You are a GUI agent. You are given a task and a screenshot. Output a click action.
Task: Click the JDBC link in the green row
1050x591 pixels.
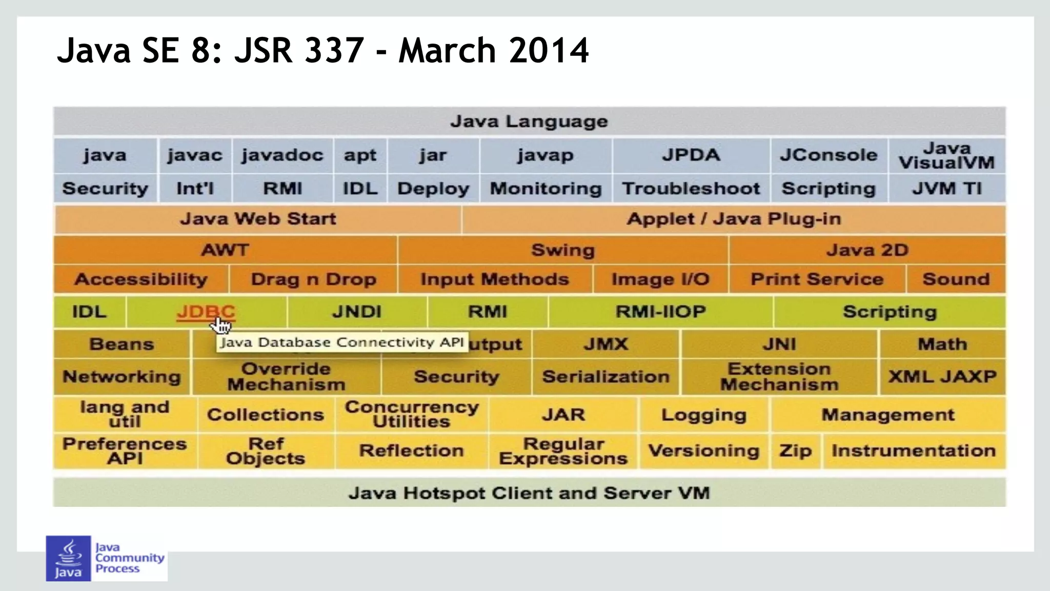[x=206, y=311]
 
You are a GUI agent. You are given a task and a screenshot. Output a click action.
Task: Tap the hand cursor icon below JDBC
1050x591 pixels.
[x=223, y=325]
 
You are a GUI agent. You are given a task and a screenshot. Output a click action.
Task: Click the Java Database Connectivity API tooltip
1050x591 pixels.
[x=342, y=342]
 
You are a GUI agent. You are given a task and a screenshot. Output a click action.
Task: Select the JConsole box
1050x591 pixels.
[x=829, y=155]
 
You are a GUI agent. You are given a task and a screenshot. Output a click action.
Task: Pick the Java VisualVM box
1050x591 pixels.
[x=946, y=156]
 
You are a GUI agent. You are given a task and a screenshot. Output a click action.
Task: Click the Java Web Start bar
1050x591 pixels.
[x=258, y=219]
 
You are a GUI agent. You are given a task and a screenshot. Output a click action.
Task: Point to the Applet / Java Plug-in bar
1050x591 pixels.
[x=733, y=219]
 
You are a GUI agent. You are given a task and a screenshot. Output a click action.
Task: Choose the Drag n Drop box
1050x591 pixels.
[x=313, y=279]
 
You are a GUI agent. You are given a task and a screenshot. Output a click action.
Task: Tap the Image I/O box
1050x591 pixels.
[x=660, y=279]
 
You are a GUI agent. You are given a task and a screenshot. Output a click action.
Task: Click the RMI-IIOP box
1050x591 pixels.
[x=660, y=312]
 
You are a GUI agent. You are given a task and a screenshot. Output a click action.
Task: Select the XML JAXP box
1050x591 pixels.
[x=942, y=377]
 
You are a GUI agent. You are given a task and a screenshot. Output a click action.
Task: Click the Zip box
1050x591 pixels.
[x=795, y=451]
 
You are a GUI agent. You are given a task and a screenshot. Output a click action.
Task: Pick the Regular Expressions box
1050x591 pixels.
[x=563, y=451]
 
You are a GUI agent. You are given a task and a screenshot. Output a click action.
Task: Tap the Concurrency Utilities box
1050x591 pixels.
[x=412, y=414]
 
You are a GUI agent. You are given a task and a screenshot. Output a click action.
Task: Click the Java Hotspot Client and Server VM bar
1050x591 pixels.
[x=529, y=493]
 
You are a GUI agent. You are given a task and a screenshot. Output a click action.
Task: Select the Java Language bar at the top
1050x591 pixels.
[x=529, y=121]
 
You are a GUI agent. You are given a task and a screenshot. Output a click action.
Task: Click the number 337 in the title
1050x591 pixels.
[x=334, y=51]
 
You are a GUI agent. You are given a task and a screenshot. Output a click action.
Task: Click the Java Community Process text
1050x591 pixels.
[x=129, y=558]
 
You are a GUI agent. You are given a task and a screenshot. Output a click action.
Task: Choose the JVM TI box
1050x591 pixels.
[x=946, y=189]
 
